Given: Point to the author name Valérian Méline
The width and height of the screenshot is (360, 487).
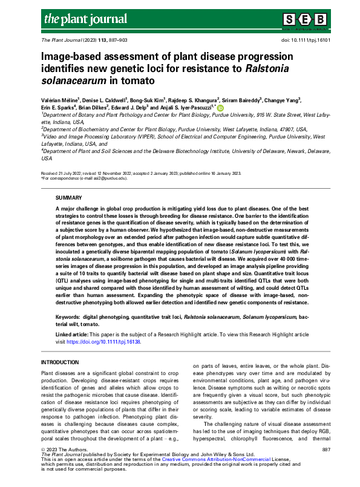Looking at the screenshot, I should [x=62, y=100].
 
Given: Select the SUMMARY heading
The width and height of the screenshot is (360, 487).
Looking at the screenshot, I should [x=68, y=197].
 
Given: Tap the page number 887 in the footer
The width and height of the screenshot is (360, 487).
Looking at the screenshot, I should [x=326, y=450].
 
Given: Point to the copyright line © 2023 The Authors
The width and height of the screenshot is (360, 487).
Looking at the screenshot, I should [x=63, y=450].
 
